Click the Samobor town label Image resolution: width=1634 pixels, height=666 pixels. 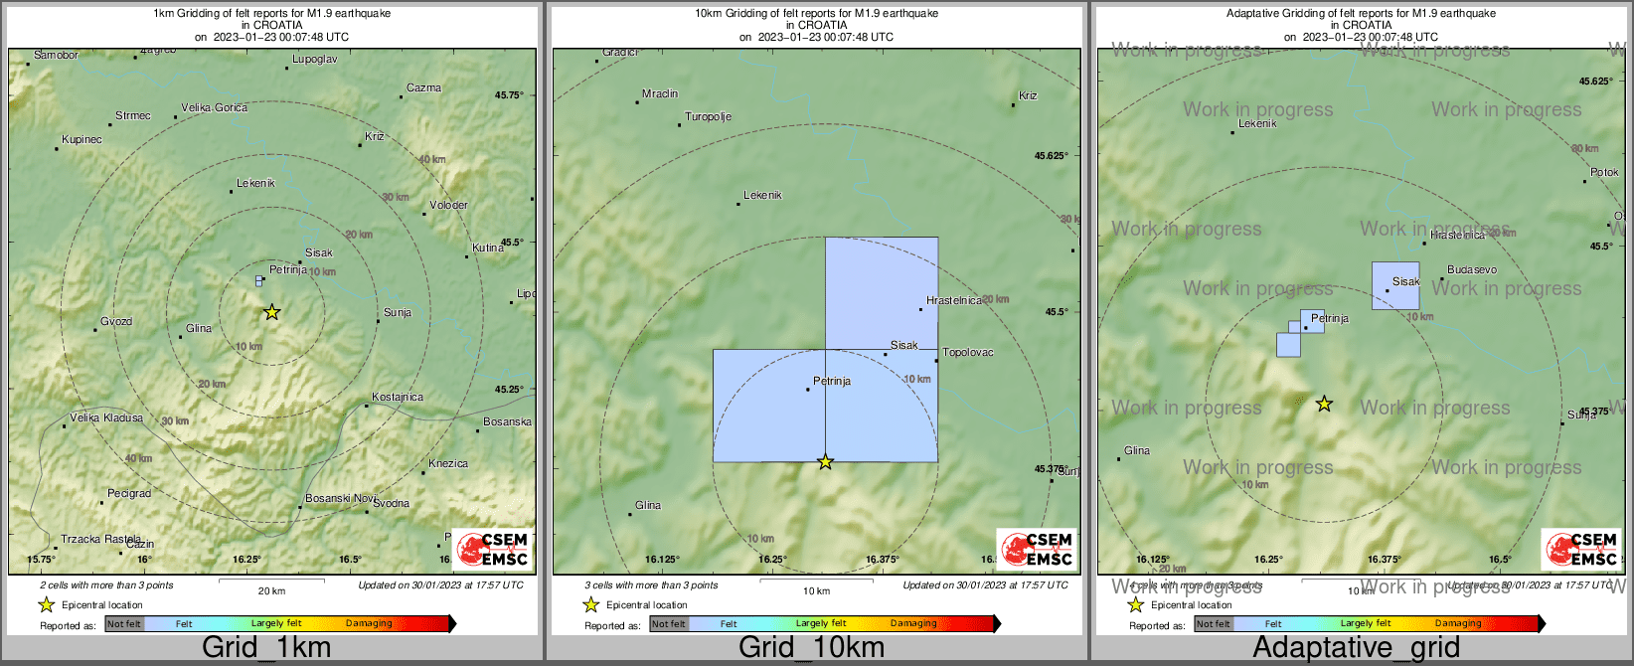(x=56, y=55)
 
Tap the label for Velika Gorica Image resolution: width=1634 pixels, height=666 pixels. (x=214, y=107)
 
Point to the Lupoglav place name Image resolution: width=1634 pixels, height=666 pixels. (x=314, y=60)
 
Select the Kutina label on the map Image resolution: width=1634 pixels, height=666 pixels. (x=488, y=248)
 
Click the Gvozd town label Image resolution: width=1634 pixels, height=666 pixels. (x=116, y=322)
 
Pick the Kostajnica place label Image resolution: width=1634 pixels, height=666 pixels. (x=398, y=397)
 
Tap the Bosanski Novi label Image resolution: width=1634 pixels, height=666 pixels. (x=341, y=498)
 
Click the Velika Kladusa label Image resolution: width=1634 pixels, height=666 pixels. (x=106, y=417)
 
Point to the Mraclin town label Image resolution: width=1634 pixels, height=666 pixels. (x=660, y=93)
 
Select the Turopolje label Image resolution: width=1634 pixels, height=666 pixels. (x=709, y=116)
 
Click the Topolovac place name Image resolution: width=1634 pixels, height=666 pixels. (x=967, y=352)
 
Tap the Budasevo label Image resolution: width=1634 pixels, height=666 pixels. (x=1472, y=269)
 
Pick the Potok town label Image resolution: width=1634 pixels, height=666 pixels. (x=1604, y=172)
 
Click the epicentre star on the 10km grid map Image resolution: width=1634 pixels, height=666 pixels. (x=825, y=461)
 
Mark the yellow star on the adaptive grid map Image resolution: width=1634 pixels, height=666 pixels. (x=1324, y=404)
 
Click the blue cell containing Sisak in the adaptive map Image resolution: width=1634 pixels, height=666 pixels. (x=1395, y=285)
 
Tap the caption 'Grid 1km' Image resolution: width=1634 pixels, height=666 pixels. (x=266, y=648)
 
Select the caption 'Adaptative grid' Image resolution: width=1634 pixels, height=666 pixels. (x=1356, y=648)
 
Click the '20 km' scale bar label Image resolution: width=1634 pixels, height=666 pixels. (x=271, y=590)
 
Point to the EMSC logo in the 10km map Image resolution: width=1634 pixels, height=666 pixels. (x=1037, y=549)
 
